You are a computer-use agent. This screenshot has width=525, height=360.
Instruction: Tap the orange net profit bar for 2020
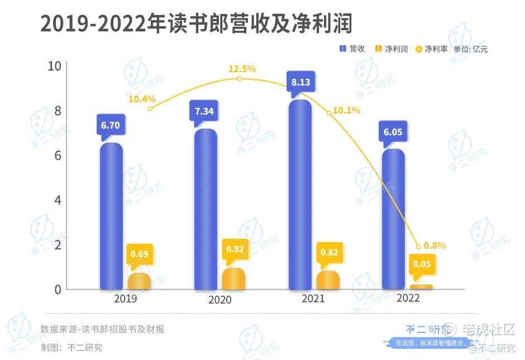233,279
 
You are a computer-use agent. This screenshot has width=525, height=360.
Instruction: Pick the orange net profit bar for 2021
328,280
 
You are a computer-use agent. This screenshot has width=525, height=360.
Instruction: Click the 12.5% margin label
241,69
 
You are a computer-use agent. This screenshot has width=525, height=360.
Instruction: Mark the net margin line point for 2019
150,108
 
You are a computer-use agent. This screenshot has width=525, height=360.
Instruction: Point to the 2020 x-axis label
219,300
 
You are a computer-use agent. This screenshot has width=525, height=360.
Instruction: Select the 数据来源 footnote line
102,329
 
